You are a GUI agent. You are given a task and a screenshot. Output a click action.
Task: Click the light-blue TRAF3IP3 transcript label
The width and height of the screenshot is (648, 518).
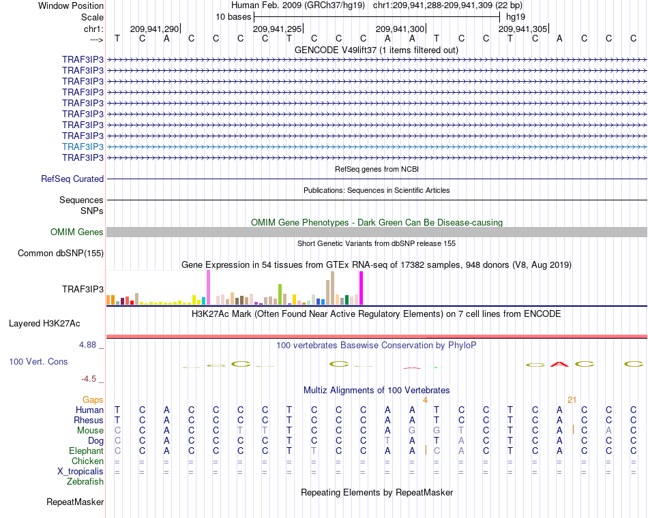coord(83,147)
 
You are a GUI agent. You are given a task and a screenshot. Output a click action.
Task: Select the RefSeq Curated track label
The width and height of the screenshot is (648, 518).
coord(72,179)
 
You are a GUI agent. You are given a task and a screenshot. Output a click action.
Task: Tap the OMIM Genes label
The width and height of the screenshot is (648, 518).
coord(76,232)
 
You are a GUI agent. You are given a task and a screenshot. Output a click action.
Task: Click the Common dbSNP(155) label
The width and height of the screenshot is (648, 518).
coord(60,254)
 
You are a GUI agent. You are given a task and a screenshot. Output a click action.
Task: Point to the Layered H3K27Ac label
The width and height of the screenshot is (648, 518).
coord(44,324)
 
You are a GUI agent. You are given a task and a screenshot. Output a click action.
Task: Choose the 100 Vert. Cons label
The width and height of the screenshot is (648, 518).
coord(38,361)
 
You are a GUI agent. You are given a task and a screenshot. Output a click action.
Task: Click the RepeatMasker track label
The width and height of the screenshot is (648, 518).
coord(75,502)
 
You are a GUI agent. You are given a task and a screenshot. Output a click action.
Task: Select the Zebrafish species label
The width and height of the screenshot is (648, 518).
coord(85,481)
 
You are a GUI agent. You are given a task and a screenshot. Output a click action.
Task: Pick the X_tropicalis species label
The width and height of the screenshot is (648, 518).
coord(80,472)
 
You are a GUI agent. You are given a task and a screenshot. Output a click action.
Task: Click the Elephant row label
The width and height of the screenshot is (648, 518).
coord(86,451)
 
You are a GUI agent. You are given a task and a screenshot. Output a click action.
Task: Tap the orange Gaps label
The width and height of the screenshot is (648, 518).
coord(93,399)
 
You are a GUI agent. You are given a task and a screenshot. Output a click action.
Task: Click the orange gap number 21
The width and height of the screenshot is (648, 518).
coord(572,399)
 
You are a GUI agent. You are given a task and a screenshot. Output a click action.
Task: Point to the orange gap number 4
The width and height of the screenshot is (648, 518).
coord(425,399)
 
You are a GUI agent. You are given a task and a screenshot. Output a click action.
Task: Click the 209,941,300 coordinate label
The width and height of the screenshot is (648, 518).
coord(400,29)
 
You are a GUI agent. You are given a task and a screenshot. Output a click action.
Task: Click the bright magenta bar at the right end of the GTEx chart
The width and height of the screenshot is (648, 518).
coord(362,288)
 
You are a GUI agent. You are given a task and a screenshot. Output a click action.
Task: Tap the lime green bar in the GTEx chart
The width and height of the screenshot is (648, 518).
coord(280,294)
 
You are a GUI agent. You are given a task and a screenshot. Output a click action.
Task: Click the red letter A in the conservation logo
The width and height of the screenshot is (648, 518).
coord(559,364)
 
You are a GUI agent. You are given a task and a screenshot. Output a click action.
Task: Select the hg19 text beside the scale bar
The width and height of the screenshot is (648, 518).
coord(516,17)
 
